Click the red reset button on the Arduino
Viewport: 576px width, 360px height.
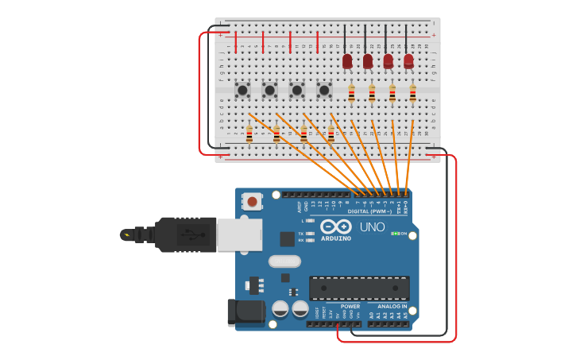pos(253,202)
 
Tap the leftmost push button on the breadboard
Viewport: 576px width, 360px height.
pos(242,90)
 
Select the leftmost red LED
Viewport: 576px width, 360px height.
pos(347,61)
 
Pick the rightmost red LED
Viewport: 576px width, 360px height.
pos(408,61)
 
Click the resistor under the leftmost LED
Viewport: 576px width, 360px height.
pos(351,95)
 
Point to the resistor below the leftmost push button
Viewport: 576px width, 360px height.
pos(249,135)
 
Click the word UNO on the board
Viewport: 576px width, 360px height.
pos(373,227)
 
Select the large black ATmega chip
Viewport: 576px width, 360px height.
pos(359,288)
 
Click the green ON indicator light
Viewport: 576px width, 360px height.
pos(395,234)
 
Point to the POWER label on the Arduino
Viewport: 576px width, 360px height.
pos(350,306)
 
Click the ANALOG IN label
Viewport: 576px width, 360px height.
pos(392,306)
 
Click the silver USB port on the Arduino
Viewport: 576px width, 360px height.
pos(239,235)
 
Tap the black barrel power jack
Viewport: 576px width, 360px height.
pos(246,312)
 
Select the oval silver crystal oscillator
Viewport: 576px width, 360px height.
pos(284,261)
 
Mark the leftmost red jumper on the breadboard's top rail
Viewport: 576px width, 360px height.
pos(236,41)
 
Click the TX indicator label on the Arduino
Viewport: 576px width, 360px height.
pos(301,233)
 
